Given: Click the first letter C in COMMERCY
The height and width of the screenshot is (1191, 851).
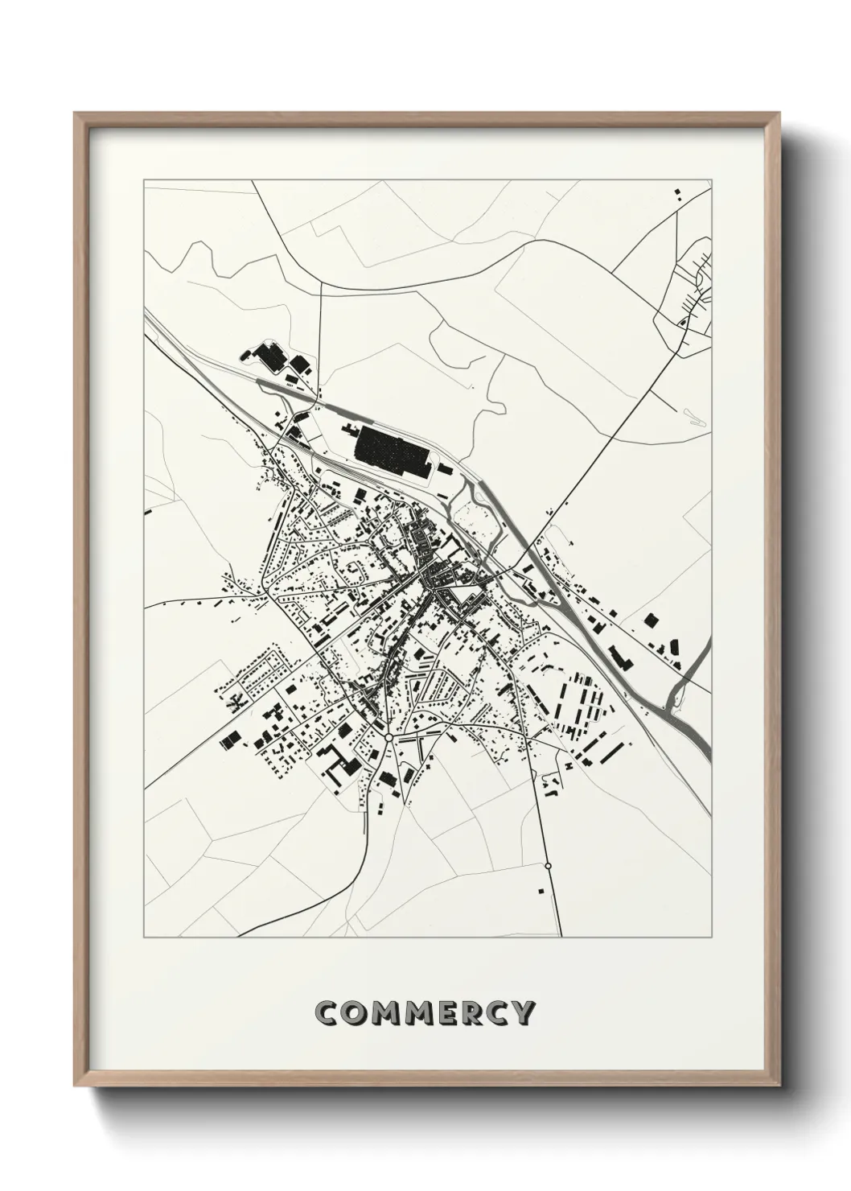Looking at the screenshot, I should tap(330, 1012).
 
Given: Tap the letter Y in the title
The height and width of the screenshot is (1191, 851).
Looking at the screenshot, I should tap(521, 1012).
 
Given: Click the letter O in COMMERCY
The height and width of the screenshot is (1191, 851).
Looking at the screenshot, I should tap(358, 1012).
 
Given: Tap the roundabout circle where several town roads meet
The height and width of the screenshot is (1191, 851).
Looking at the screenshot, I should tap(388, 736).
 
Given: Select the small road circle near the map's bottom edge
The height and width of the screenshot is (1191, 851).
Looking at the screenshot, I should tap(548, 865).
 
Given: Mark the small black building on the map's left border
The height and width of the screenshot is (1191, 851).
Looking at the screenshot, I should tap(146, 511).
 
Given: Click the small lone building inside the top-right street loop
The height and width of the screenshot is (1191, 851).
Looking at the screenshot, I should tap(683, 323).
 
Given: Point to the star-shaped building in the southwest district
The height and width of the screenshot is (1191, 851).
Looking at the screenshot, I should tap(234, 703).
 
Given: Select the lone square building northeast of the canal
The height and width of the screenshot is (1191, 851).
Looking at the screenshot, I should tap(651, 620).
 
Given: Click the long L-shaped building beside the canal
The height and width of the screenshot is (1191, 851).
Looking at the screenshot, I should tap(619, 657).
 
